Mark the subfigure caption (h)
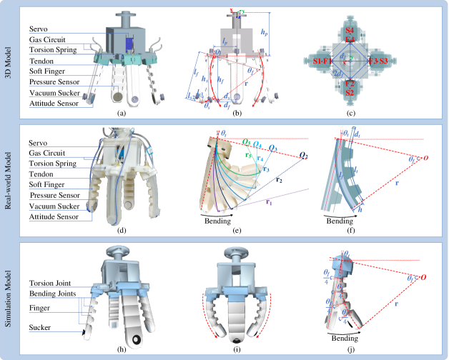[121, 349]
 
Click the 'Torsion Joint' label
[49, 284]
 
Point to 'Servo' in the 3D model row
[39, 28]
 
